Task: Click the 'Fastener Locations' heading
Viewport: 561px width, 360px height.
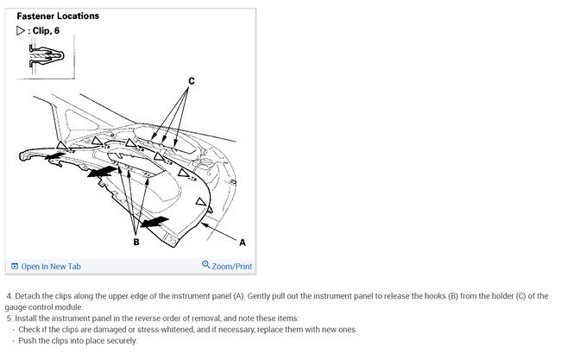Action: [58, 16]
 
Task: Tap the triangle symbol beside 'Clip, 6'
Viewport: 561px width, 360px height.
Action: [21, 31]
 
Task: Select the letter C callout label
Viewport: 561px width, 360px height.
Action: [192, 80]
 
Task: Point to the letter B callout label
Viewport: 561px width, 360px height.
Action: [136, 243]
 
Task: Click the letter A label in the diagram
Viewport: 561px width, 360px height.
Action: [242, 243]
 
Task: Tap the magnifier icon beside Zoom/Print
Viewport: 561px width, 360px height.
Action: [206, 266]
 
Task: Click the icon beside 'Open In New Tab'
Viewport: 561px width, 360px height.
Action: [14, 267]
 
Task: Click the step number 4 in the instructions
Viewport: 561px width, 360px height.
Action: [9, 296]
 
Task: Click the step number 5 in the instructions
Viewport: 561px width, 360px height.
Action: [9, 319]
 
